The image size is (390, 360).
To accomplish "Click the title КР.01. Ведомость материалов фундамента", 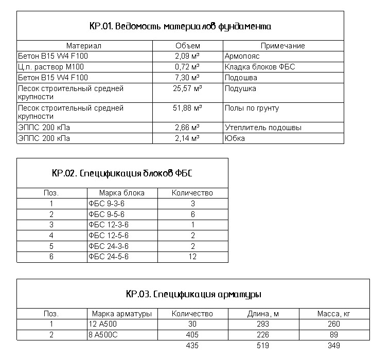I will (x=180, y=26).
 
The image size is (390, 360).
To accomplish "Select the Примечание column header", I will (x=282, y=46).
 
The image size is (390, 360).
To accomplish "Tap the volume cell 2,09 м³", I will (x=187, y=56).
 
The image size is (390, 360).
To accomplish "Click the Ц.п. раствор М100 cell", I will (x=51, y=67).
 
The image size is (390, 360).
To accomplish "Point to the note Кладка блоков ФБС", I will (x=260, y=67).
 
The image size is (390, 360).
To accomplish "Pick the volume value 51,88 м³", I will (x=187, y=108).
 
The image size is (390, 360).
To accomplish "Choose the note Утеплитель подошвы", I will (x=263, y=128).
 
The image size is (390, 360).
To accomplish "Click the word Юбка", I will (x=235, y=138).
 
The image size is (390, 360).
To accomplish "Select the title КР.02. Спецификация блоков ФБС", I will (x=122, y=173).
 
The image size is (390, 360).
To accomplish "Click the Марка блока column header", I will (x=122, y=193).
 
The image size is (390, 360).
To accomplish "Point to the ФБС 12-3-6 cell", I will (x=109, y=224).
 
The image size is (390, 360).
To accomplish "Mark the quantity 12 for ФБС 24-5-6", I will (x=192, y=256).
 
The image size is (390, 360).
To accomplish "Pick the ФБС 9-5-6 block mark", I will (x=107, y=214).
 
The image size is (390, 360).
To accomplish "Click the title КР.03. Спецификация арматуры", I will (x=193, y=295).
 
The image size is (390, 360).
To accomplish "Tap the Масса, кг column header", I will (x=333, y=314).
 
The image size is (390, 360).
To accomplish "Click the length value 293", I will (x=263, y=324).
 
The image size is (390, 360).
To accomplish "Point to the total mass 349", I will (x=333, y=346).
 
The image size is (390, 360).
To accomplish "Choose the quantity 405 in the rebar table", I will (x=192, y=335).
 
